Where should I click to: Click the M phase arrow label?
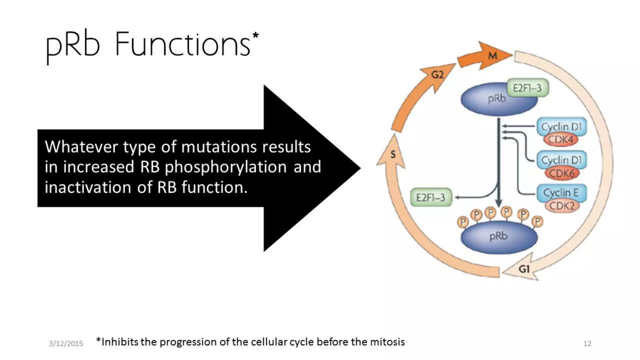493,56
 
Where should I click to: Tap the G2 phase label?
437,75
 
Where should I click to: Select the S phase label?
393,154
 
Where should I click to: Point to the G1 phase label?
524,269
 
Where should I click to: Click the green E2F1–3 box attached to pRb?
527,88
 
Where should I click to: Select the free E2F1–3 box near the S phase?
431,197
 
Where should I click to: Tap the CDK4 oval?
561,139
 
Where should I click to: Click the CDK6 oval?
562,173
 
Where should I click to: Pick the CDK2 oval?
562,206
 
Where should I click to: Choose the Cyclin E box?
561,192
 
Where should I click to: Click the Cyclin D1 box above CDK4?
561,127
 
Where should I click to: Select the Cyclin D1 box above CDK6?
561,160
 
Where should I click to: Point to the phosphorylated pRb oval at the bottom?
499,237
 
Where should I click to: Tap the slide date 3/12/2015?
66,344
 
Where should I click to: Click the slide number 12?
587,344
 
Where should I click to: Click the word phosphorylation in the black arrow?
226,167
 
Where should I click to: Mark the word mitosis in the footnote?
387,342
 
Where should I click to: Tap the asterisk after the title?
255,35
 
